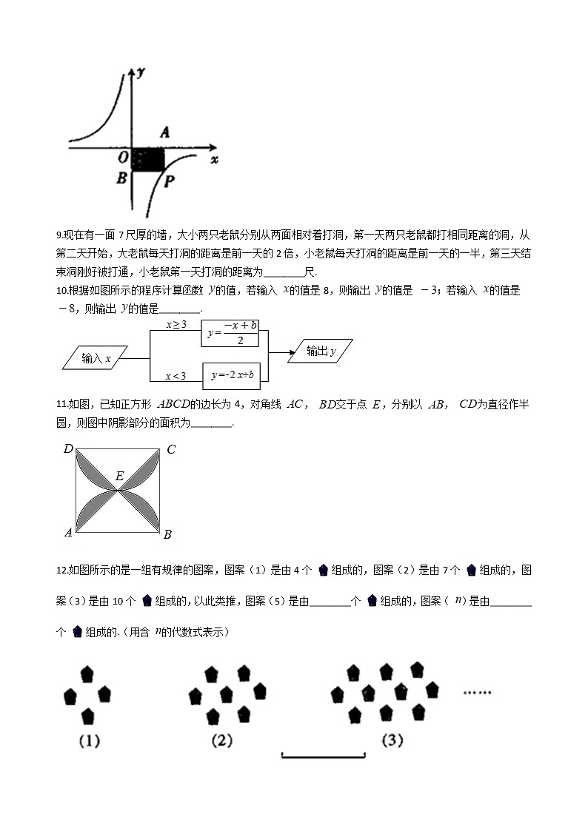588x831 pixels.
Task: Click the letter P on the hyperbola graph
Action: (170, 181)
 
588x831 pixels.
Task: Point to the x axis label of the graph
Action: (214, 159)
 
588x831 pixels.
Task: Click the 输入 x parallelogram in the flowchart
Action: (96, 359)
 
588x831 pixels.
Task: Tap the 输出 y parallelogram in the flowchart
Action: (319, 351)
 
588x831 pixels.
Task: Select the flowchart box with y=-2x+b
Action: (232, 375)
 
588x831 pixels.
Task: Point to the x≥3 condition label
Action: (176, 324)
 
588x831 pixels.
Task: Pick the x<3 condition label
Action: (176, 377)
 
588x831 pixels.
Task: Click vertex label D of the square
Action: (67, 449)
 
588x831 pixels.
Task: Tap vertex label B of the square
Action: (167, 534)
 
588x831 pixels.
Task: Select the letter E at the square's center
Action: (118, 476)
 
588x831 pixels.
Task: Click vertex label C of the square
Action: (170, 449)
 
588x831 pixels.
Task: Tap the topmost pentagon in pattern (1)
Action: (87, 674)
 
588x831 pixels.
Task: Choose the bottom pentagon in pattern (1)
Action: (87, 715)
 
